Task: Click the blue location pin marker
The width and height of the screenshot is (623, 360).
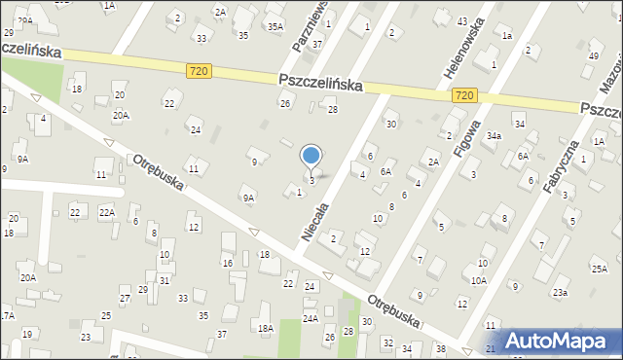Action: pyautogui.click(x=311, y=156)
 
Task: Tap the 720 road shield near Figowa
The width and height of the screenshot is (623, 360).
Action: pyautogui.click(x=464, y=95)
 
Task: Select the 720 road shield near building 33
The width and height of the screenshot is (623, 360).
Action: pyautogui.click(x=199, y=71)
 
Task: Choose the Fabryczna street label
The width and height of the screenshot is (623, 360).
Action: pyautogui.click(x=567, y=166)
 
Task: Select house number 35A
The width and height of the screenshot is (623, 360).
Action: pyautogui.click(x=275, y=26)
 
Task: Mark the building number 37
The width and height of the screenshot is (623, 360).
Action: pyautogui.click(x=316, y=45)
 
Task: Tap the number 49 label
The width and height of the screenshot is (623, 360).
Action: pyautogui.click(x=594, y=55)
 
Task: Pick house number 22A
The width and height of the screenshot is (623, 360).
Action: pyautogui.click(x=106, y=212)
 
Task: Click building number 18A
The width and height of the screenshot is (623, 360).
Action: pyautogui.click(x=265, y=329)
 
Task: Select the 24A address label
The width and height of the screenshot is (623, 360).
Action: pyautogui.click(x=310, y=318)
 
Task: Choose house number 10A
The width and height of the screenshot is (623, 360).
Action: pyautogui.click(x=479, y=280)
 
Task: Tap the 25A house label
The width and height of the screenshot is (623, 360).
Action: pyautogui.click(x=599, y=268)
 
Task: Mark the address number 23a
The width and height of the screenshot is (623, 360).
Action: pyautogui.click(x=560, y=292)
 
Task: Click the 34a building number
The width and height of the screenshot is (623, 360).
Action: pyautogui.click(x=494, y=136)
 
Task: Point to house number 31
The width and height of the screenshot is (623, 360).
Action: pyautogui.click(x=165, y=280)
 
